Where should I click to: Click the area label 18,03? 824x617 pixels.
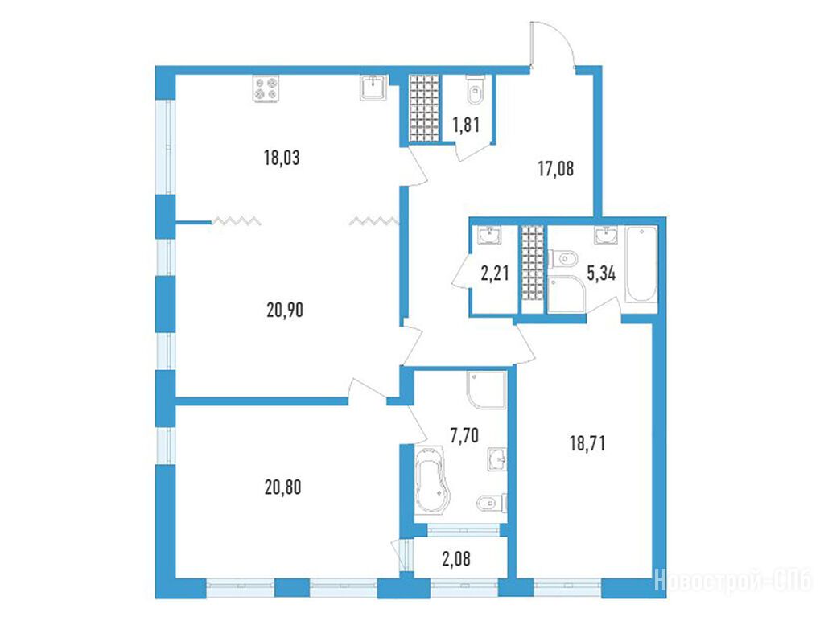click(282, 158)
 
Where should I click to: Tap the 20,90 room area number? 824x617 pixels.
click(285, 310)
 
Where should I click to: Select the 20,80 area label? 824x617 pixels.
click(282, 487)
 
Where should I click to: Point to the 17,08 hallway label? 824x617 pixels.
click(556, 169)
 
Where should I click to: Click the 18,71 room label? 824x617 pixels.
click(587, 443)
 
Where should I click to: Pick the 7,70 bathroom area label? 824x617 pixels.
click(464, 435)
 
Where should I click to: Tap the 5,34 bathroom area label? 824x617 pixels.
click(601, 274)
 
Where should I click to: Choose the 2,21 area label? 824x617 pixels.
click(495, 274)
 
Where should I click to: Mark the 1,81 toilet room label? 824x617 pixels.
click(466, 125)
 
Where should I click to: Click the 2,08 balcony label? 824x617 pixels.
click(456, 558)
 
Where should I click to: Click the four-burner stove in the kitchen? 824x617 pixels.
click(266, 88)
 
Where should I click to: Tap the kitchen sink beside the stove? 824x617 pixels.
click(374, 87)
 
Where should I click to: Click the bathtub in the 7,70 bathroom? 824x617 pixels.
click(432, 480)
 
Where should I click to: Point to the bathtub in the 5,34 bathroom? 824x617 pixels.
click(641, 264)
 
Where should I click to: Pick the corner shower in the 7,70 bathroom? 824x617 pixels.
click(487, 389)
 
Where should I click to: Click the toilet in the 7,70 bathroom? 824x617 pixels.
click(492, 504)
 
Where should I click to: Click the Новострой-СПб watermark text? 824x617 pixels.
click(734, 582)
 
